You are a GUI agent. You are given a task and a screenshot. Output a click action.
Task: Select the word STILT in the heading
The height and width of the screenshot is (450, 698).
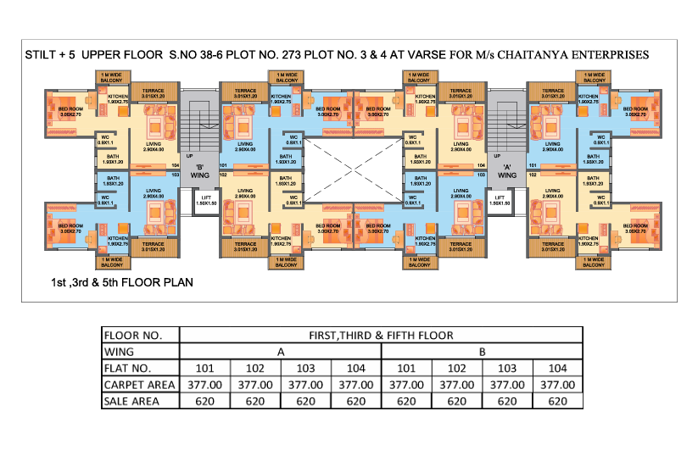pyautogui.click(x=44, y=54)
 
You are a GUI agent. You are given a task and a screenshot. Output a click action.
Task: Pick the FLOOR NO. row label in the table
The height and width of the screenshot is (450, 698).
pyautogui.click(x=132, y=335)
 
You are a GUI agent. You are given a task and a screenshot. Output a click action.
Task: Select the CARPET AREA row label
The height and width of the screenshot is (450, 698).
pyautogui.click(x=139, y=385)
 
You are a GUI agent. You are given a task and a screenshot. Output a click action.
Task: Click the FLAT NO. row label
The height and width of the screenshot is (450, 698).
pyautogui.click(x=129, y=368)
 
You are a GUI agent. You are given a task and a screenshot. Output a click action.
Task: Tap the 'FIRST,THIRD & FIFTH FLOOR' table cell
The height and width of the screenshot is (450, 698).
pyautogui.click(x=382, y=335)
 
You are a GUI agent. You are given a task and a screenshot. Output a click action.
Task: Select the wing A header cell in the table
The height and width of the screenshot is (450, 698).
pyautogui.click(x=281, y=352)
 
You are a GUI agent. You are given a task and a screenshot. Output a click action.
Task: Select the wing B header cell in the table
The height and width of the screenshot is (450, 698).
pyautogui.click(x=482, y=352)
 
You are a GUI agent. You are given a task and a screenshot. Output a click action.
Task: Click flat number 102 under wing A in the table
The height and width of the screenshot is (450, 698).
pyautogui.click(x=255, y=368)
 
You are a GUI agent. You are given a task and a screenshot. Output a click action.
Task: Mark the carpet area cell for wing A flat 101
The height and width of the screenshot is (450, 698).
pyautogui.click(x=205, y=385)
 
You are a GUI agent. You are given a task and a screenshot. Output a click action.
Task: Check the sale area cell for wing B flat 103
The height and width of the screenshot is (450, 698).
pyautogui.click(x=507, y=401)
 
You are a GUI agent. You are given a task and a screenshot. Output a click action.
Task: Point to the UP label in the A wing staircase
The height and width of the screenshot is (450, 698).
pyautogui.click(x=497, y=156)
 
